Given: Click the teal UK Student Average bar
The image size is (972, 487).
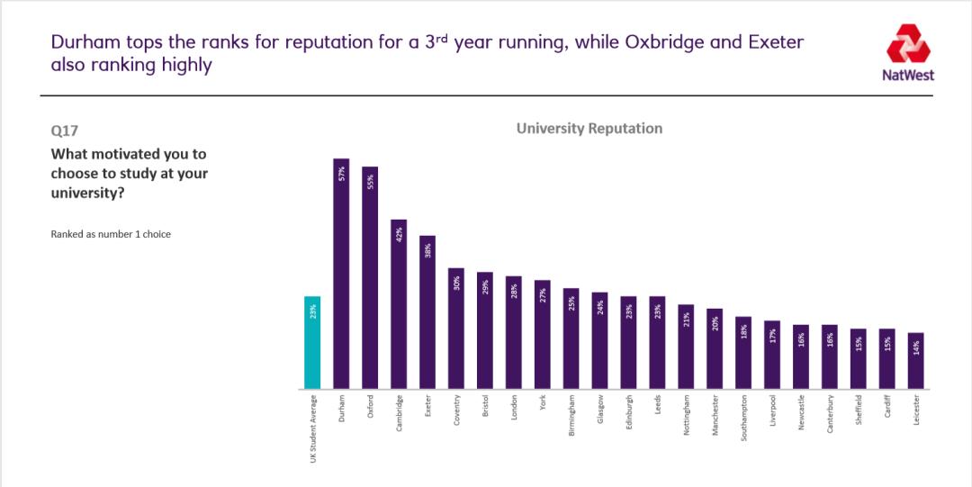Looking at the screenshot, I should pos(312,343).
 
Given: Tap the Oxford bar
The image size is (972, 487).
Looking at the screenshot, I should pos(370,278).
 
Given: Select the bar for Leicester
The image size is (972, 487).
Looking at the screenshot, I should pos(916,361).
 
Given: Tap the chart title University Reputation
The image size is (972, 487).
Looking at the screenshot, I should pos(589,129).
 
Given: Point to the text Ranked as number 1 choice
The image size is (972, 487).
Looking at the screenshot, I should pos(111,234).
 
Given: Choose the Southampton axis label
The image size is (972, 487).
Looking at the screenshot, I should pos(743,419).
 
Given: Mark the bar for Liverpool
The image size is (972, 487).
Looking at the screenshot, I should pos(772,355).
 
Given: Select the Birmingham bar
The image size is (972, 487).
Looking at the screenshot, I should pos(571,338).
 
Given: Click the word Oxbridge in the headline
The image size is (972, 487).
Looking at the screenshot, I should pos(660,42).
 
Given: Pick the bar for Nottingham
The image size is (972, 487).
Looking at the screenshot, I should pos(686,347).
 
